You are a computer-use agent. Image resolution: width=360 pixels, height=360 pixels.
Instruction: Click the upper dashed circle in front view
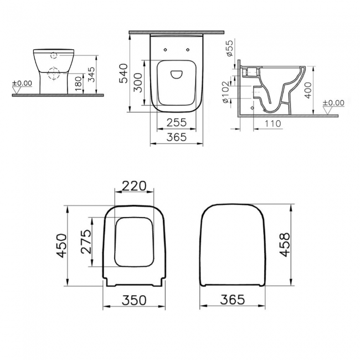pos(53,55)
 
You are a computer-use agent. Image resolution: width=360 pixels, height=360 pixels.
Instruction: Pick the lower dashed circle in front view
pos(53,74)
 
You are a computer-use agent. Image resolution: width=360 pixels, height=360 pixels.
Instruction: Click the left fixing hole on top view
pos(165,51)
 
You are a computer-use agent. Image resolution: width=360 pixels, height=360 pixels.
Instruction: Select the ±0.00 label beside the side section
pos(332,103)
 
